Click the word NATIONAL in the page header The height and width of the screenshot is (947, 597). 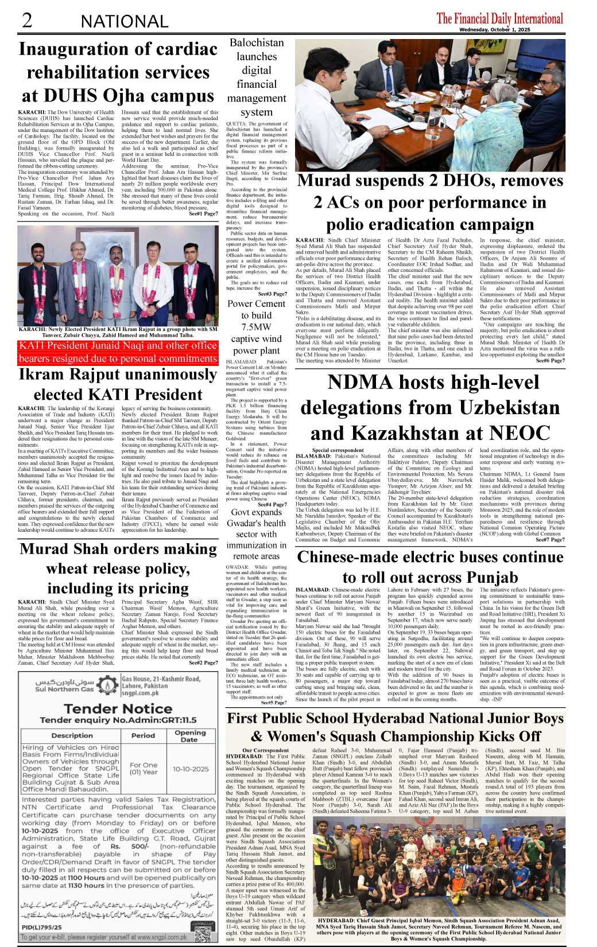(x=125, y=22)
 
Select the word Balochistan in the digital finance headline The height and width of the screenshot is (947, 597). (x=257, y=43)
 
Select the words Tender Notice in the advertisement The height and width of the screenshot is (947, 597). (x=118, y=709)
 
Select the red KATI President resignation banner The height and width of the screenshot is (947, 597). (x=118, y=352)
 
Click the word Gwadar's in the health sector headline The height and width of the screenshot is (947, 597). (x=256, y=523)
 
